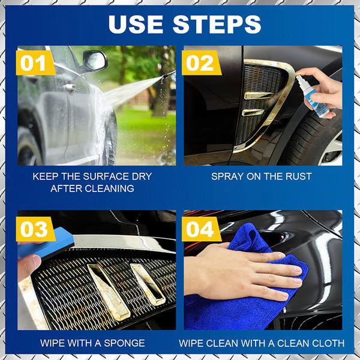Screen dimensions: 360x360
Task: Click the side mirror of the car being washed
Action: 94,60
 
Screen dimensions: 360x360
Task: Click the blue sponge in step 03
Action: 51,243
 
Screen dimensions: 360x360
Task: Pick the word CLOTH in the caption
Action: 328,343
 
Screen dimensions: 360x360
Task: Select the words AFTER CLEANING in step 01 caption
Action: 92,189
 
